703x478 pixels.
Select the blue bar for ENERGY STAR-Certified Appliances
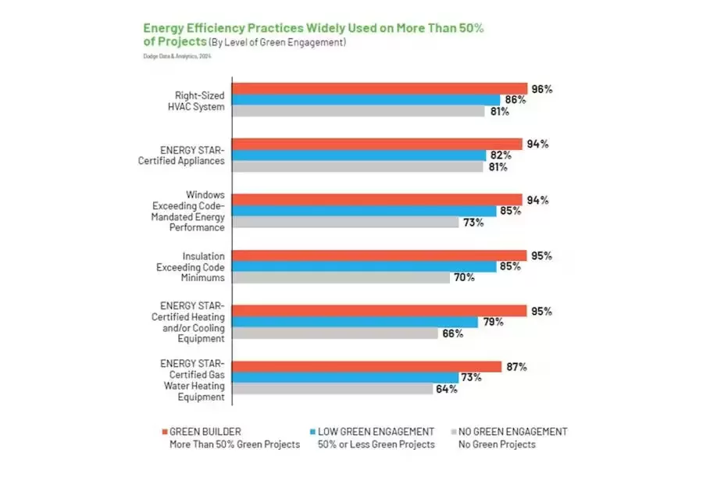tap(359, 155)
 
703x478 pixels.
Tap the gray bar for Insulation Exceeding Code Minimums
tap(342, 277)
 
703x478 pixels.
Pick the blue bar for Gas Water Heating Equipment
tap(346, 377)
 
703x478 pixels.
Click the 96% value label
tap(542, 88)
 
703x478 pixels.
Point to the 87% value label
tap(516, 366)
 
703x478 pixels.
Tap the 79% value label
tap(493, 322)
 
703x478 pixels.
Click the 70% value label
tap(464, 277)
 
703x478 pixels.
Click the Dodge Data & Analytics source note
tap(177, 55)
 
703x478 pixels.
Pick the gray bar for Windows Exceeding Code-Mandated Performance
tap(347, 222)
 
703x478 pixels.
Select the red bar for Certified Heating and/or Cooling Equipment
tap(381, 311)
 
